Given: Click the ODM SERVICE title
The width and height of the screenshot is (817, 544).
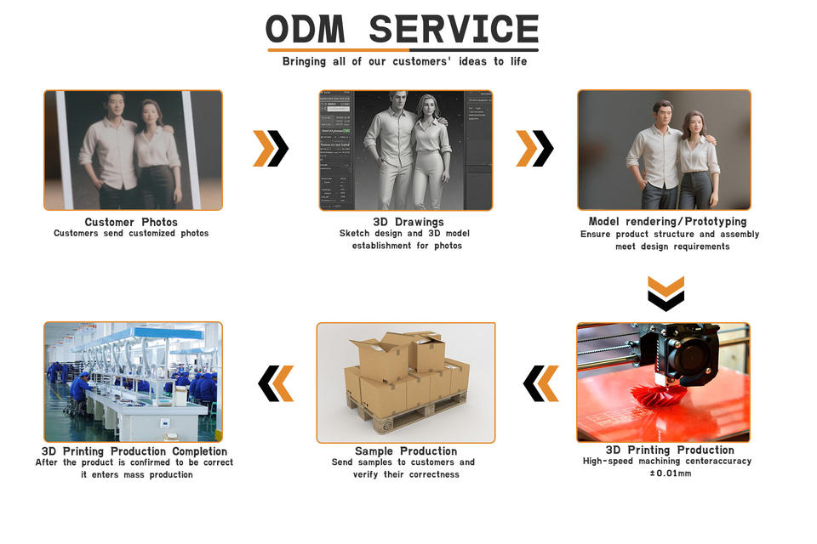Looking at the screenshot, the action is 402,30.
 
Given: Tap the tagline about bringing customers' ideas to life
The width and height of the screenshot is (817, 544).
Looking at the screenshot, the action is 404,61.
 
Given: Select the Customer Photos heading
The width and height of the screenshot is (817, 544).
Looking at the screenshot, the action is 131,222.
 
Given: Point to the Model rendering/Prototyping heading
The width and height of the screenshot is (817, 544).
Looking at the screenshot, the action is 667,222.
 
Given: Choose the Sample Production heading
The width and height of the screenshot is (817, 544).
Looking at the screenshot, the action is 406,451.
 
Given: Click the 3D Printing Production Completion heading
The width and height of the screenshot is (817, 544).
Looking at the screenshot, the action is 134,451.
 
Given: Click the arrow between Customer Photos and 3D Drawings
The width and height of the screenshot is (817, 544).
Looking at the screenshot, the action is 271,149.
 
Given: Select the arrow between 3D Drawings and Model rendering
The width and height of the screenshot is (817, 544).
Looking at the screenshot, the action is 534,149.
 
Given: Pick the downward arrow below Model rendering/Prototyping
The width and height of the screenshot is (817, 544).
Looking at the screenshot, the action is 666,293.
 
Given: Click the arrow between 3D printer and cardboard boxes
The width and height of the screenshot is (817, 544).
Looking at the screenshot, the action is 541,383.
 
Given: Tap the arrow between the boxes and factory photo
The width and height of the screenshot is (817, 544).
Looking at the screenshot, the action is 276,383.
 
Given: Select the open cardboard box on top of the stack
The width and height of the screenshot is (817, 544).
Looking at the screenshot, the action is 380,357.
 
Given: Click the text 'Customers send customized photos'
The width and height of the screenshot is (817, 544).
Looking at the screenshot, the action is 131,233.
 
